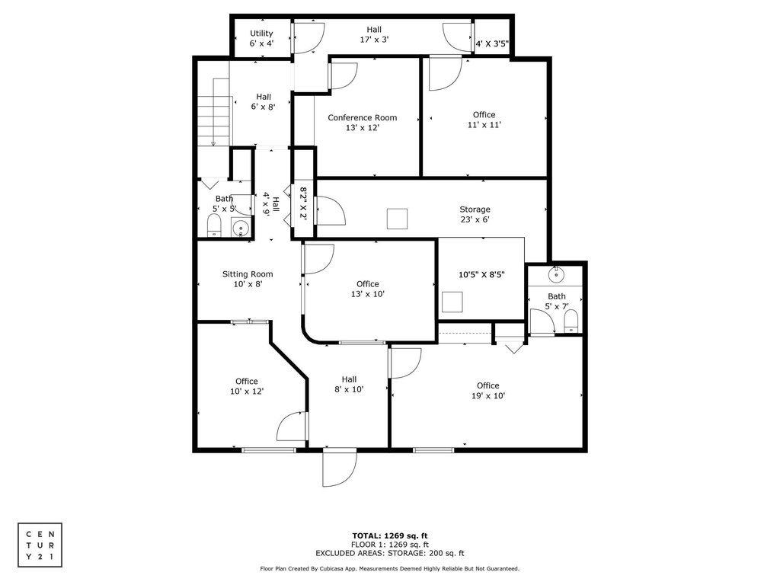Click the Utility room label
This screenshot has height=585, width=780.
click(262, 38)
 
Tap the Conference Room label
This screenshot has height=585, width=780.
click(362, 123)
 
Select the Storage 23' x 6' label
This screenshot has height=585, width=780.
click(475, 214)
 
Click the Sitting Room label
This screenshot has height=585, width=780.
click(248, 279)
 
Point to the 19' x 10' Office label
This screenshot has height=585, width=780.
click(488, 391)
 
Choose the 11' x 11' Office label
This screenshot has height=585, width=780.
click(484, 120)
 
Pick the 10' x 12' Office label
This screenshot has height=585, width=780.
click(247, 386)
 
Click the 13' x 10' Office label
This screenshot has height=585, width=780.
click(368, 289)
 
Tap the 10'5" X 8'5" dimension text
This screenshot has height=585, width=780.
click(481, 274)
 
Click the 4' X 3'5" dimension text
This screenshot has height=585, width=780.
click(492, 43)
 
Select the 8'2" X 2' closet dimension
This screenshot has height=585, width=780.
click(303, 203)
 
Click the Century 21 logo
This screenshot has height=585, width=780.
click(40, 545)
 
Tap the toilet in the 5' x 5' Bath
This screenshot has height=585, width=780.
click(214, 225)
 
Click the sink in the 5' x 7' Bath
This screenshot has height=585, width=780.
click(555, 274)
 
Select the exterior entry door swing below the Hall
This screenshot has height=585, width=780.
click(340, 467)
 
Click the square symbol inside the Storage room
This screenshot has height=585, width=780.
click(397, 219)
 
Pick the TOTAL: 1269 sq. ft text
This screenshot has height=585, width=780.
click(390, 535)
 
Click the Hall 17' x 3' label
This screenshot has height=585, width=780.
click(374, 34)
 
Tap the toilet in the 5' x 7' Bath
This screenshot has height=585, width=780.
click(571, 321)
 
